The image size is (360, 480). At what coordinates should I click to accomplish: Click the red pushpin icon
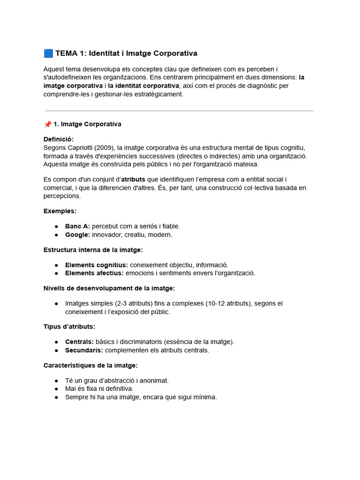(47, 124)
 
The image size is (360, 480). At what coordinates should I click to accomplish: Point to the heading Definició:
(59, 139)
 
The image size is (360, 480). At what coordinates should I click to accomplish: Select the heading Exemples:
(60, 211)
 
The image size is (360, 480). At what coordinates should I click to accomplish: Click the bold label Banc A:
(77, 226)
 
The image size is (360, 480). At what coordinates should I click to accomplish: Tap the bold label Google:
(77, 234)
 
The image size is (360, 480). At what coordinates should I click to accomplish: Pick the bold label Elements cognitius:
(97, 265)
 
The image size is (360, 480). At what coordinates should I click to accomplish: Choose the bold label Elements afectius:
(94, 273)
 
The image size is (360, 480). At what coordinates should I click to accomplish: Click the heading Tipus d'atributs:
(69, 326)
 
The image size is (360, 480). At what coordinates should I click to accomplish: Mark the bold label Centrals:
(79, 342)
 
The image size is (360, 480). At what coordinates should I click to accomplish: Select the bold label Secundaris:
(84, 350)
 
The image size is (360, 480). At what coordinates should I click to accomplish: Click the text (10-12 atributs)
(228, 303)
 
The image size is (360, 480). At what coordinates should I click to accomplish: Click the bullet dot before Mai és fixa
(56, 389)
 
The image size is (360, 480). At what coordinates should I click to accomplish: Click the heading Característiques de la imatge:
(90, 365)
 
